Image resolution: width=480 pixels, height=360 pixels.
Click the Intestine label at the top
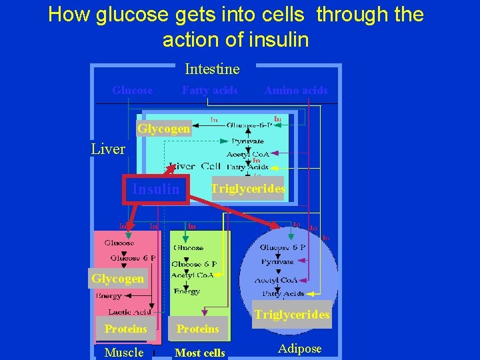click(x=212, y=69)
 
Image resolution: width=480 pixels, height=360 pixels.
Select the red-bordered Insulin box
click(x=155, y=189)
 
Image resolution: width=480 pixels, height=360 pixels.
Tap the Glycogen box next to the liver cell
click(x=164, y=129)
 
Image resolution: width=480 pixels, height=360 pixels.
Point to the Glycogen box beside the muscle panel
click(x=117, y=279)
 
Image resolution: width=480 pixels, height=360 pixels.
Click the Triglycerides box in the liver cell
click(x=247, y=189)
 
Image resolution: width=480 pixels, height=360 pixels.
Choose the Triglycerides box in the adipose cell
click(x=291, y=315)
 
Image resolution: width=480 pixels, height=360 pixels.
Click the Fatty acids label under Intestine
click(x=210, y=90)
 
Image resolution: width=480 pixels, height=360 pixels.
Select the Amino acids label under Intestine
click(x=296, y=90)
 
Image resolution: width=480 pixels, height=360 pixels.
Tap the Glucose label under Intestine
click(x=132, y=90)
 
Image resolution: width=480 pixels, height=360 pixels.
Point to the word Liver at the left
click(x=108, y=149)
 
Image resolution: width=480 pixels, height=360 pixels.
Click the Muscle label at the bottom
click(x=124, y=352)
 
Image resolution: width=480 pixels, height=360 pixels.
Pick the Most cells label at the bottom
click(x=199, y=353)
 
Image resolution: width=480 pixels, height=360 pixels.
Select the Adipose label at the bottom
click(x=299, y=349)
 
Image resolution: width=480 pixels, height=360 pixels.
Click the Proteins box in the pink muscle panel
click(x=125, y=329)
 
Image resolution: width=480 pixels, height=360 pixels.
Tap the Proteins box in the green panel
click(x=197, y=329)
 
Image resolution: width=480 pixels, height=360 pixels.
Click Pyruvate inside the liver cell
click(x=247, y=141)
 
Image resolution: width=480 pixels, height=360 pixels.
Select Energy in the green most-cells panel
click(x=187, y=291)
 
